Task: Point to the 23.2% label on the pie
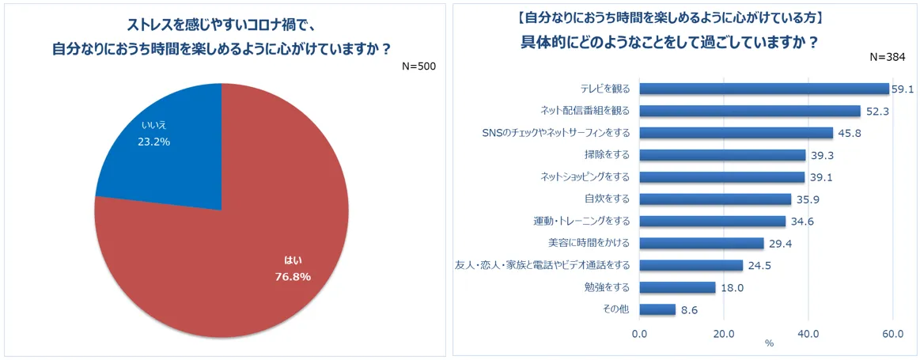click(153, 142)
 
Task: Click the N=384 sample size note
click(888, 57)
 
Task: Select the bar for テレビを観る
click(763, 89)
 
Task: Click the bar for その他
click(657, 309)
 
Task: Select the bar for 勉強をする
click(676, 287)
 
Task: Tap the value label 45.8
click(850, 134)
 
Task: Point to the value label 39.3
click(823, 156)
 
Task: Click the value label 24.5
click(761, 266)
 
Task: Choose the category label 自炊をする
click(607, 199)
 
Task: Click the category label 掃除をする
click(607, 155)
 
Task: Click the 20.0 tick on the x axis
click(724, 333)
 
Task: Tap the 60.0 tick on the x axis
click(892, 333)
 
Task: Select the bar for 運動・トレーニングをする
click(712, 222)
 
